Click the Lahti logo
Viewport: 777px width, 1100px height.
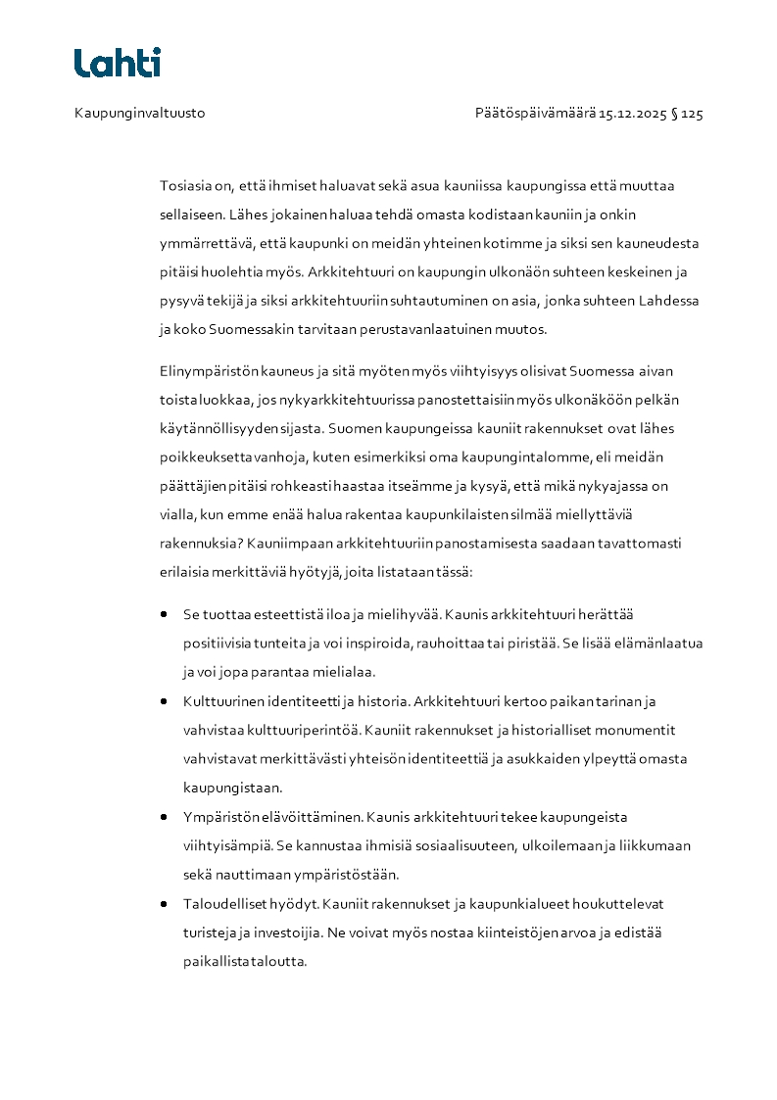118,63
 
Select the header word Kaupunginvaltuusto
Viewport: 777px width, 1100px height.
140,114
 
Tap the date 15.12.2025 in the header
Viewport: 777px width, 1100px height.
633,114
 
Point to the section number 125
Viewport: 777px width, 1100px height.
692,114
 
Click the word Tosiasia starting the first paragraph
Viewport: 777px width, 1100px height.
183,186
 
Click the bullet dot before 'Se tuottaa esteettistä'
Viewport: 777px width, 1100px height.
164,615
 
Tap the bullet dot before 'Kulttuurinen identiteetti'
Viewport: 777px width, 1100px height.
164,701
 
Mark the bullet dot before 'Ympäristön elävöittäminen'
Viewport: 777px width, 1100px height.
164,817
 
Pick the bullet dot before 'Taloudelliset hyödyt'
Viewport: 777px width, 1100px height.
164,903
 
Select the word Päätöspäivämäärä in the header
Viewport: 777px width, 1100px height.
536,114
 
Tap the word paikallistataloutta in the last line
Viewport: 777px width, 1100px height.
245,961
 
